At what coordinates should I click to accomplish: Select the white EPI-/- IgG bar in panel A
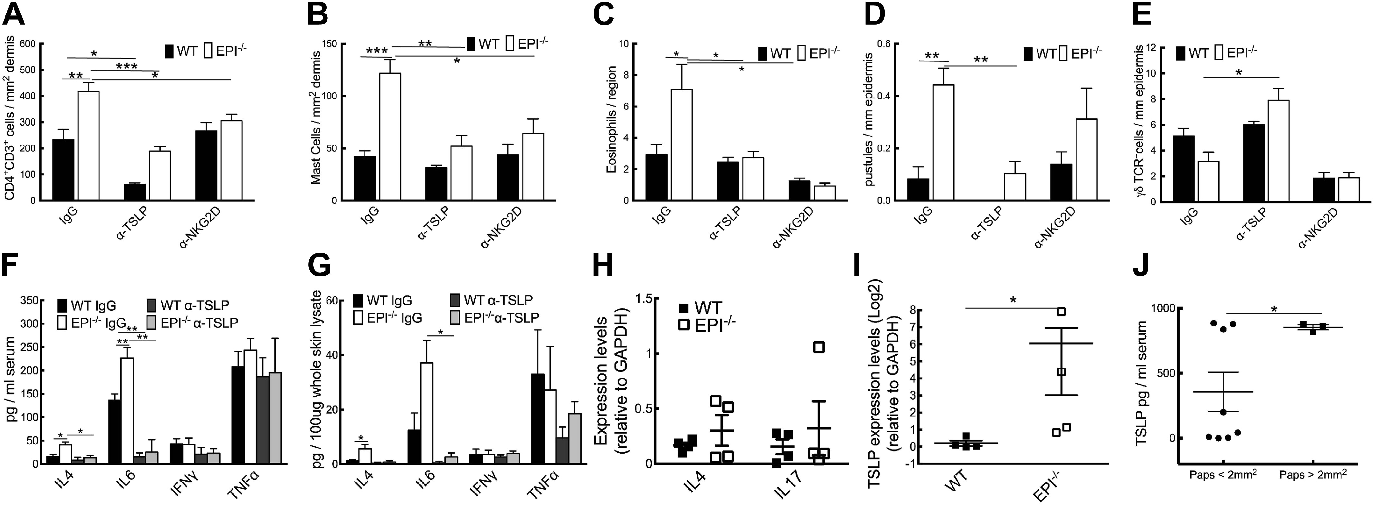[89, 145]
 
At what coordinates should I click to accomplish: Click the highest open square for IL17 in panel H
[819, 348]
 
